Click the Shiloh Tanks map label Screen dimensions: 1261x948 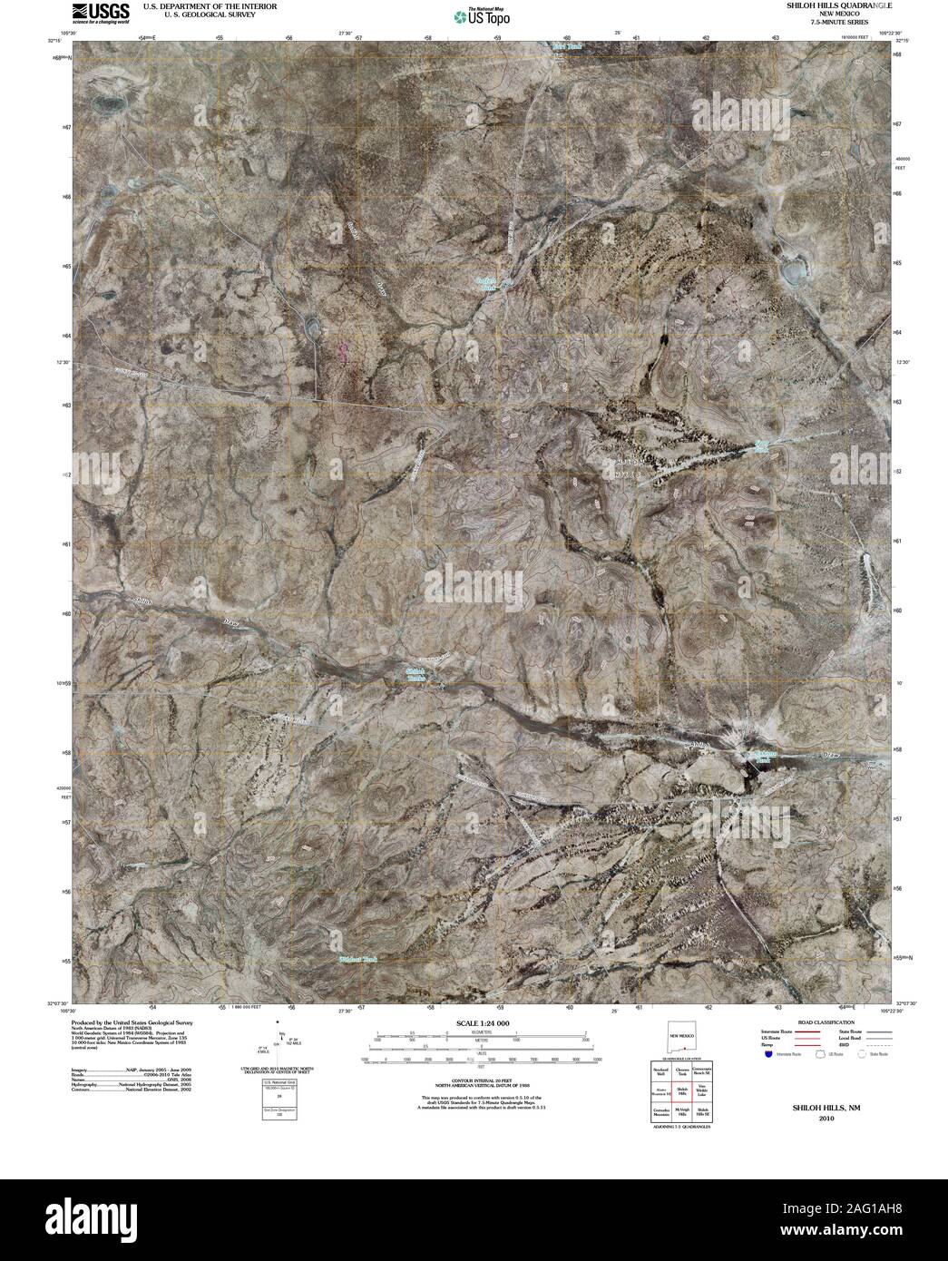[x=413, y=674]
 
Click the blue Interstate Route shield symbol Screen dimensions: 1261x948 [x=768, y=1055]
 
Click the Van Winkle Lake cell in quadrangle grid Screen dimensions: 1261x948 [x=702, y=1093]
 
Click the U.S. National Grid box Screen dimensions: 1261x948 [x=280, y=1098]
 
